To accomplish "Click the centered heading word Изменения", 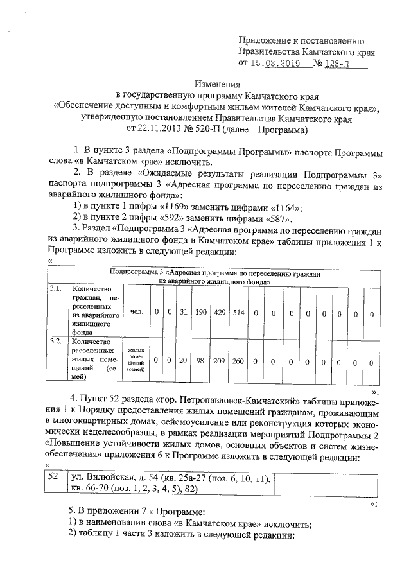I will click(216, 83).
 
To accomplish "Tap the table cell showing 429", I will click(220, 312).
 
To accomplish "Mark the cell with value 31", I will click(183, 312).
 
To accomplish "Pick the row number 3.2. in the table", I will click(57, 341).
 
